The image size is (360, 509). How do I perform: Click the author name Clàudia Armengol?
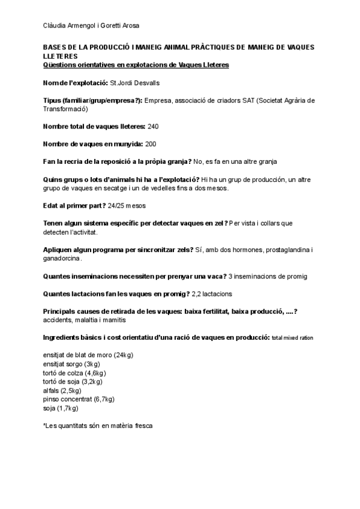point(68,26)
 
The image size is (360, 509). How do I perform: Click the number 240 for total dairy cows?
point(153,127)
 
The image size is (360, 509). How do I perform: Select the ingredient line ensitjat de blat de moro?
point(88,355)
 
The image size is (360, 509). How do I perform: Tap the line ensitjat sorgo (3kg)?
point(71,364)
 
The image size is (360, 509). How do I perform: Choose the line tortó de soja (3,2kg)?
point(73,381)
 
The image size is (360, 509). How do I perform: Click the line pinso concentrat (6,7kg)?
point(79,399)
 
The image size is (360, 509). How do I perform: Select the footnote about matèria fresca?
point(98,426)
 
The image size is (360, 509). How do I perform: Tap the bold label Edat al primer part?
point(74,206)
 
